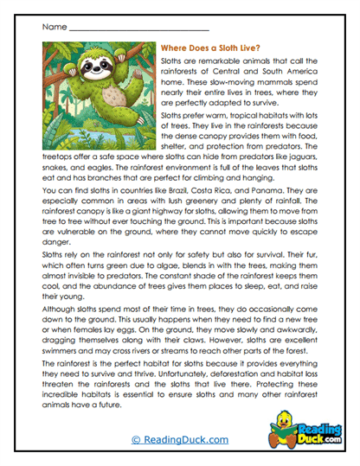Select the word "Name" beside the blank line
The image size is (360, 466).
[x=53, y=28]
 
